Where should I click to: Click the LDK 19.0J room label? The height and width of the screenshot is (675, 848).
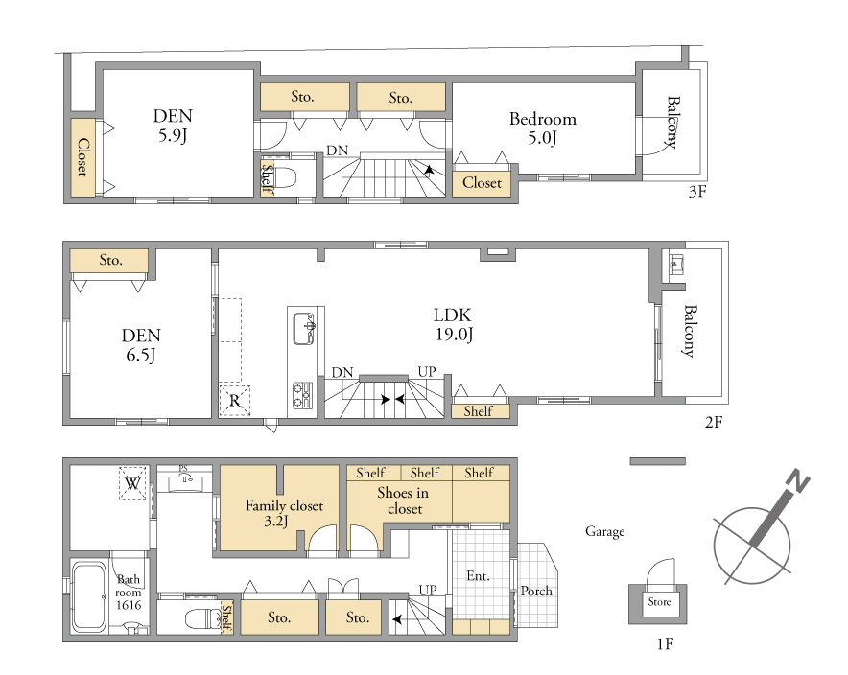pyautogui.click(x=453, y=324)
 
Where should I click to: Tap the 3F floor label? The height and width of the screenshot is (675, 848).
pyautogui.click(x=697, y=192)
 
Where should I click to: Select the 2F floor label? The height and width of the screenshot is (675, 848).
pyautogui.click(x=714, y=422)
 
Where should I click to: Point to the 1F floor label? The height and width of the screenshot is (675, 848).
pyautogui.click(x=665, y=643)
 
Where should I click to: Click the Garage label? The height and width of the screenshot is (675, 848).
pyautogui.click(x=604, y=532)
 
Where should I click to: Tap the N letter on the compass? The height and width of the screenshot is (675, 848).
pyautogui.click(x=796, y=481)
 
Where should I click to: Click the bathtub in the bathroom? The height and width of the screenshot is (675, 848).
pyautogui.click(x=89, y=596)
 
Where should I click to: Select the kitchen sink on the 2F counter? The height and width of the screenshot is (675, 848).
pyautogui.click(x=303, y=328)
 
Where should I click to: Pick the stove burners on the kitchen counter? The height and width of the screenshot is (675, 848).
pyautogui.click(x=303, y=395)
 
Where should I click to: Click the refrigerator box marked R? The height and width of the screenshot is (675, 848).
pyautogui.click(x=235, y=400)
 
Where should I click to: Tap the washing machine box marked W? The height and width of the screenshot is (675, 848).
pyautogui.click(x=132, y=482)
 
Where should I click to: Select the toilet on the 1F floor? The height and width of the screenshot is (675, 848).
pyautogui.click(x=202, y=617)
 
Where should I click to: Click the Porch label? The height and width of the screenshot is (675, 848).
pyautogui.click(x=536, y=592)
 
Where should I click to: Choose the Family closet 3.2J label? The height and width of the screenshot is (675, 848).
pyautogui.click(x=284, y=513)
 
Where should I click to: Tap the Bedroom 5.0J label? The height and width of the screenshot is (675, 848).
pyautogui.click(x=542, y=128)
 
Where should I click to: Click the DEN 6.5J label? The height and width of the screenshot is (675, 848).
pyautogui.click(x=141, y=345)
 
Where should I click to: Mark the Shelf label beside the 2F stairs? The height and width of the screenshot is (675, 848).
pyautogui.click(x=478, y=411)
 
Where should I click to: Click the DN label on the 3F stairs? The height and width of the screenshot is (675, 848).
pyautogui.click(x=337, y=151)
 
